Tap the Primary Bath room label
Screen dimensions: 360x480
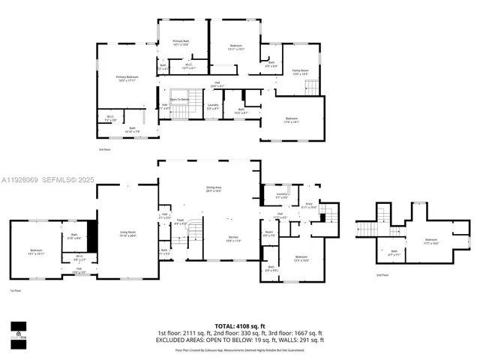click(x=180, y=43)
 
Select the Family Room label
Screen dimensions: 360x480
click(x=300, y=71)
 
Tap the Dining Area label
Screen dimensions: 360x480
click(x=214, y=188)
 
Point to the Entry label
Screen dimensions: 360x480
click(x=307, y=203)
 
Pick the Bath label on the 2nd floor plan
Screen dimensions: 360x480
click(x=394, y=252)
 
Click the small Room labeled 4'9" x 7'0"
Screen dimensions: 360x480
click(x=268, y=233)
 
